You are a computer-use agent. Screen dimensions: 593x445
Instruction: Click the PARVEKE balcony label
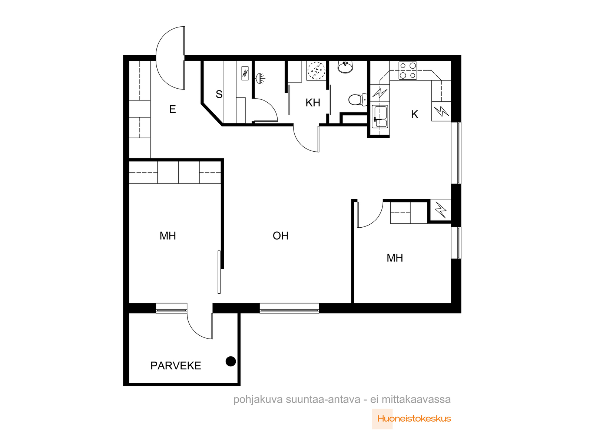(x=176, y=366)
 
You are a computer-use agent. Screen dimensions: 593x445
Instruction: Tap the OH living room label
(x=281, y=236)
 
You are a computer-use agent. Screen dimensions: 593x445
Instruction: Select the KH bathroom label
(x=312, y=103)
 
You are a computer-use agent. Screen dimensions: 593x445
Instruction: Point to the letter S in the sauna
(x=219, y=94)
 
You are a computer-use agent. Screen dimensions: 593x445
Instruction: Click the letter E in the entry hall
(x=172, y=109)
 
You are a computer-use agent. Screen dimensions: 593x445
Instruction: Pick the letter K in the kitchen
(x=414, y=114)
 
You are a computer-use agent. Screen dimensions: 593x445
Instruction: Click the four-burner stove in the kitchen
(x=408, y=70)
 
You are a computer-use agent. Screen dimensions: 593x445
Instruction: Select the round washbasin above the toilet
(x=345, y=67)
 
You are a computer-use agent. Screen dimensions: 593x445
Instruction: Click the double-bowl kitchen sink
(x=380, y=116)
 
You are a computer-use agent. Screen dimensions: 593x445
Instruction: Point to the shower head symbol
(x=260, y=78)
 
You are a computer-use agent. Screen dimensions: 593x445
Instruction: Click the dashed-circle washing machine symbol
(x=317, y=70)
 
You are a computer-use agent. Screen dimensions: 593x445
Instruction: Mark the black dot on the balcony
(x=231, y=361)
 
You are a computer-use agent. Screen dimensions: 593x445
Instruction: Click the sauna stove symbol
(x=245, y=73)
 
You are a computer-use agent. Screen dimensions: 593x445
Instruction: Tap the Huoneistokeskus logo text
(x=414, y=419)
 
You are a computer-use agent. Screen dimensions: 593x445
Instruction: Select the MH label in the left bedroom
(x=168, y=236)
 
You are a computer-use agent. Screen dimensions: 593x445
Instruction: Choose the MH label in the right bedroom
(x=394, y=258)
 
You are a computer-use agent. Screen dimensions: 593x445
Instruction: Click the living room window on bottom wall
(x=289, y=308)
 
